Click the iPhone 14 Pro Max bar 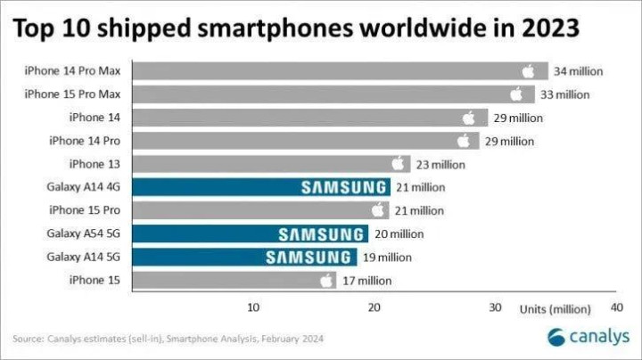click(330, 71)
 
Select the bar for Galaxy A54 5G click(250, 233)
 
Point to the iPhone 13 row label click(95, 164)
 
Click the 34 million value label click(578, 71)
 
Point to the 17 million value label click(366, 281)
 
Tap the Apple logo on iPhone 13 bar click(399, 163)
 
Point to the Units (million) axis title click(556, 308)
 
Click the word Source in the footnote click(28, 339)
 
